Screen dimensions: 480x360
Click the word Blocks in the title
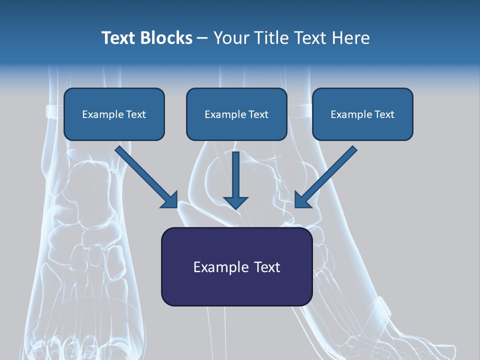(x=166, y=38)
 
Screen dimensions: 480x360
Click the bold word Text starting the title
(x=119, y=38)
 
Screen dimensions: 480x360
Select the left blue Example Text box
(x=114, y=114)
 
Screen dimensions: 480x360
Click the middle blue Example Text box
(x=236, y=114)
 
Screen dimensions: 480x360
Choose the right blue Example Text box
(x=363, y=114)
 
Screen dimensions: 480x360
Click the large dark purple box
(x=237, y=266)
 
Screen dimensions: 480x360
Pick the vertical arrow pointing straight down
(x=235, y=180)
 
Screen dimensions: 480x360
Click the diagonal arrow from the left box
(x=146, y=177)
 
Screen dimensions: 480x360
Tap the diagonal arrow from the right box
(x=326, y=177)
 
